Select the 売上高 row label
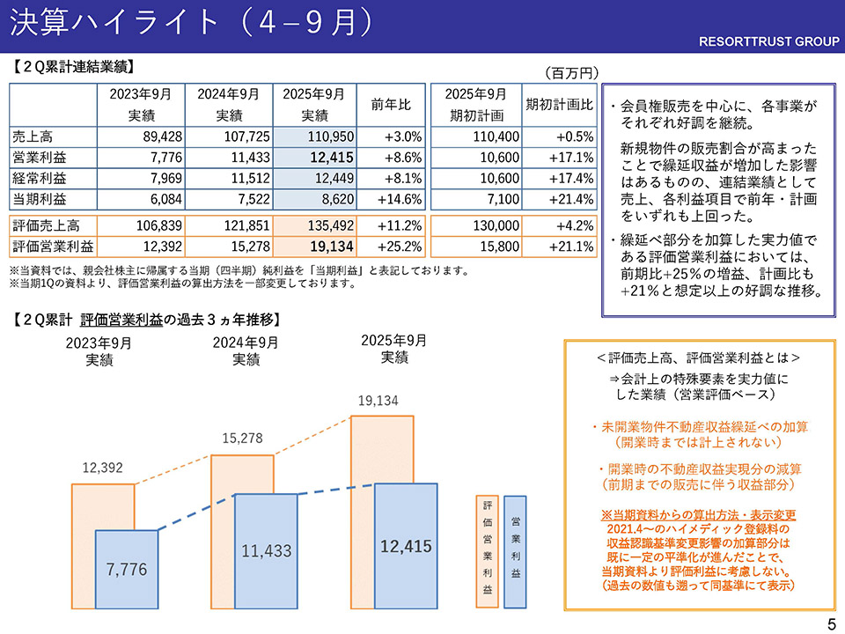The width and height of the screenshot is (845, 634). pos(33,137)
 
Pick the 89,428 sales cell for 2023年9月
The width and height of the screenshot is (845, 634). pos(141,137)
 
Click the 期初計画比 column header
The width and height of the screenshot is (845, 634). pos(559,104)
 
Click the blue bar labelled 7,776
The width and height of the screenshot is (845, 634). pos(126,569)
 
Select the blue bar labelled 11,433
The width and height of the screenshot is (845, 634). pos(267,551)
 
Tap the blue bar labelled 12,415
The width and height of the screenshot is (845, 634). pos(406,546)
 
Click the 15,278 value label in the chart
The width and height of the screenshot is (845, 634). pos(242,438)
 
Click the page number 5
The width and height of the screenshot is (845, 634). pos(832,624)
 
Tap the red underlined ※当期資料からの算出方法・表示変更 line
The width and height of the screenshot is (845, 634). pos(698,515)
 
